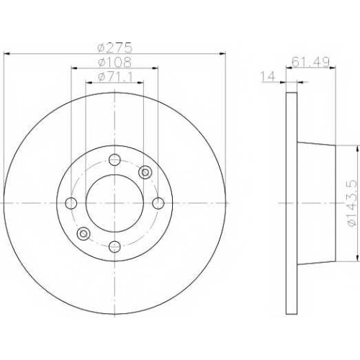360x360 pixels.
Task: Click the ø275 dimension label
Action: tap(115, 48)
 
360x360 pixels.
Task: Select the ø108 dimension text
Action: tap(114, 62)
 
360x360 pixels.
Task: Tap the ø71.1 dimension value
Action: tap(114, 77)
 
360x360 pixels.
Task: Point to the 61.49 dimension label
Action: tap(310, 62)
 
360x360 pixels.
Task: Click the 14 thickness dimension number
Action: tap(268, 77)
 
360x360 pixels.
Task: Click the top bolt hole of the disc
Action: tap(114, 159)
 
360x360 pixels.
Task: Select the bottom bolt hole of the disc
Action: tap(114, 246)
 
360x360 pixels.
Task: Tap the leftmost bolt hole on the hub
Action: tap(71, 203)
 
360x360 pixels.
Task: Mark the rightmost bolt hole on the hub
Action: tap(158, 203)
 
